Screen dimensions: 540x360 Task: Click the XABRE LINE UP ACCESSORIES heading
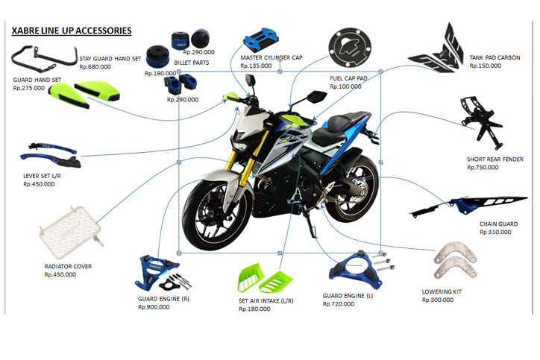pos(72,31)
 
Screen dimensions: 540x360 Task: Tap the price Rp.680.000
pos(95,67)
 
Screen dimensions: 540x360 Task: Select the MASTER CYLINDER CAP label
pos(271,57)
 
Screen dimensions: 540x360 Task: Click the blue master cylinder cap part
pos(261,40)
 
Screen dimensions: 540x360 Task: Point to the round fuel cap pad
pos(350,47)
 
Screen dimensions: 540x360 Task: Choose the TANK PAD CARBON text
pos(495,57)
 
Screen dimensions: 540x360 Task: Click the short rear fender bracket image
pos(482,122)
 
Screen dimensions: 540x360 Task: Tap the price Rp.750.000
pos(483,167)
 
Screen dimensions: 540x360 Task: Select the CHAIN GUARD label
pos(498,224)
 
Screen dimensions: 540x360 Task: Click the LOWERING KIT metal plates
pos(455,261)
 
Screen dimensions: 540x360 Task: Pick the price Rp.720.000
pos(338,304)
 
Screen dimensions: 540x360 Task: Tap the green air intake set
pos(265,278)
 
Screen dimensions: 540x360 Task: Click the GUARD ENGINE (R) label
pos(163,299)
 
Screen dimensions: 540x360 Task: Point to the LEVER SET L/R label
pos(42,176)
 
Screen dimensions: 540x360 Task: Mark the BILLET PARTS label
pos(192,63)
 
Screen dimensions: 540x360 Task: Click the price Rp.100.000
pos(345,86)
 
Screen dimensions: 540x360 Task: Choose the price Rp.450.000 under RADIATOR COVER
pos(60,274)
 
